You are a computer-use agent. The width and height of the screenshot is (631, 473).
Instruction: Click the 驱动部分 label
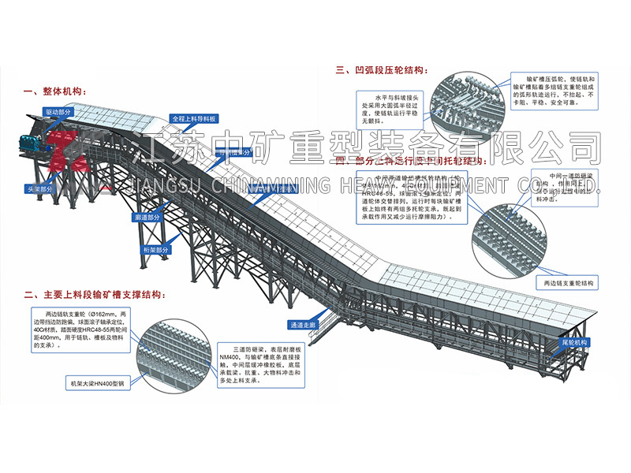coord(58,112)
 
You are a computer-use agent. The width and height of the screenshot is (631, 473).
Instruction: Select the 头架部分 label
coord(41,189)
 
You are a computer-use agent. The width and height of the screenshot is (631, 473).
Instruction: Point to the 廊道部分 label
coord(148,216)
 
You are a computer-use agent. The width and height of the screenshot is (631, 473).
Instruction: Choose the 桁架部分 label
coord(155,250)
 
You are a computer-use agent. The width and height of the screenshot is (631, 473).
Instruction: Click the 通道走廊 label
coord(304,325)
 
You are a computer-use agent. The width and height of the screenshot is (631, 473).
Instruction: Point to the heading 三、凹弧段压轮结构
coord(383,70)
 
